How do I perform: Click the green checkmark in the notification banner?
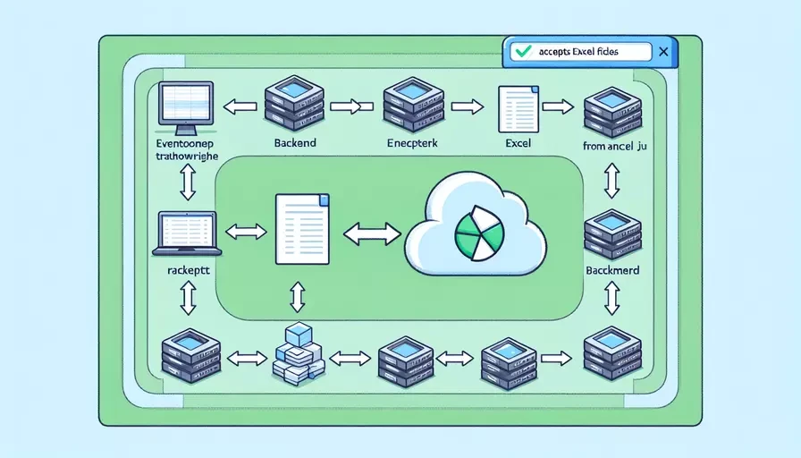click(521, 53)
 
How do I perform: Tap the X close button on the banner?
click(662, 53)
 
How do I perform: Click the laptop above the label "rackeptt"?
click(187, 232)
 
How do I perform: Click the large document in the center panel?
click(301, 230)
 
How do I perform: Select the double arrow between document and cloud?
click(371, 233)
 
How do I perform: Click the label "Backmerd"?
click(612, 269)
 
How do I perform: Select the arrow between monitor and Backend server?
click(239, 107)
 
